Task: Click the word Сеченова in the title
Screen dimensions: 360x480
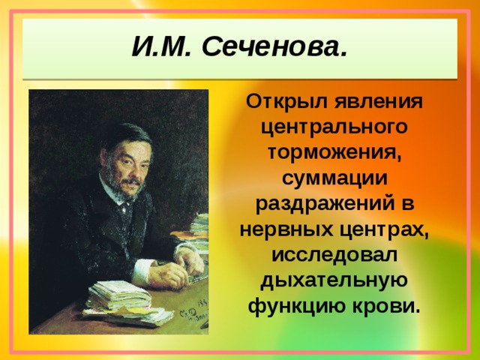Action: [275, 48]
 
